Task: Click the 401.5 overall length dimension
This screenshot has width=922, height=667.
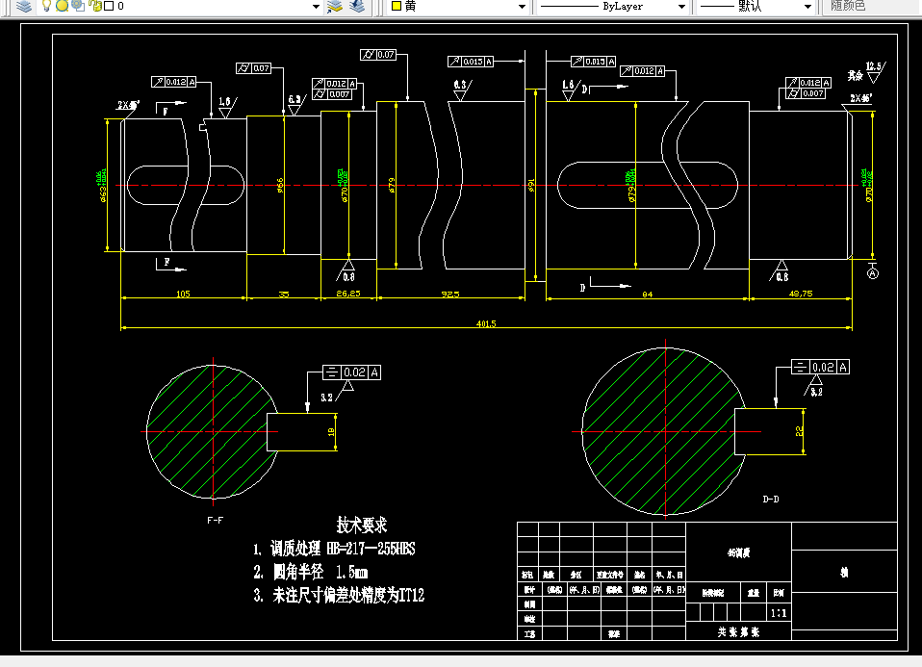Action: click(485, 323)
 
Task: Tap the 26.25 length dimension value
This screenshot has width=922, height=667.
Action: click(347, 294)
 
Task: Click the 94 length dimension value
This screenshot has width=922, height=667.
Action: click(647, 294)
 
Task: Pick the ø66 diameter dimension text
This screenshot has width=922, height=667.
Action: click(280, 184)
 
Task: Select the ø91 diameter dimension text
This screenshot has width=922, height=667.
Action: click(532, 184)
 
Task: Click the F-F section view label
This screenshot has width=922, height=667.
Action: click(216, 520)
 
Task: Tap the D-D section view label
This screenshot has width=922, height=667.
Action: click(771, 500)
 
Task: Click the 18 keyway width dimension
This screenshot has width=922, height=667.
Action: click(331, 431)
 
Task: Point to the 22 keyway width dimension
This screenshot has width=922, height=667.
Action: click(799, 431)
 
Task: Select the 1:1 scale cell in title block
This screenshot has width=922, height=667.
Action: click(778, 611)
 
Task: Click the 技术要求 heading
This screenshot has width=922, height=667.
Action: click(361, 525)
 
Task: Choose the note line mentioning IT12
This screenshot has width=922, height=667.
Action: click(339, 596)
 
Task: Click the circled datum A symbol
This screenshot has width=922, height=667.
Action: click(873, 273)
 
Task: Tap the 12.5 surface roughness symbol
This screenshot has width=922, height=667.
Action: click(874, 67)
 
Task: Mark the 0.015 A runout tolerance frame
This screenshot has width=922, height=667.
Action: click(472, 62)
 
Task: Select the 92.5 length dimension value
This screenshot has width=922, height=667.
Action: click(449, 294)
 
